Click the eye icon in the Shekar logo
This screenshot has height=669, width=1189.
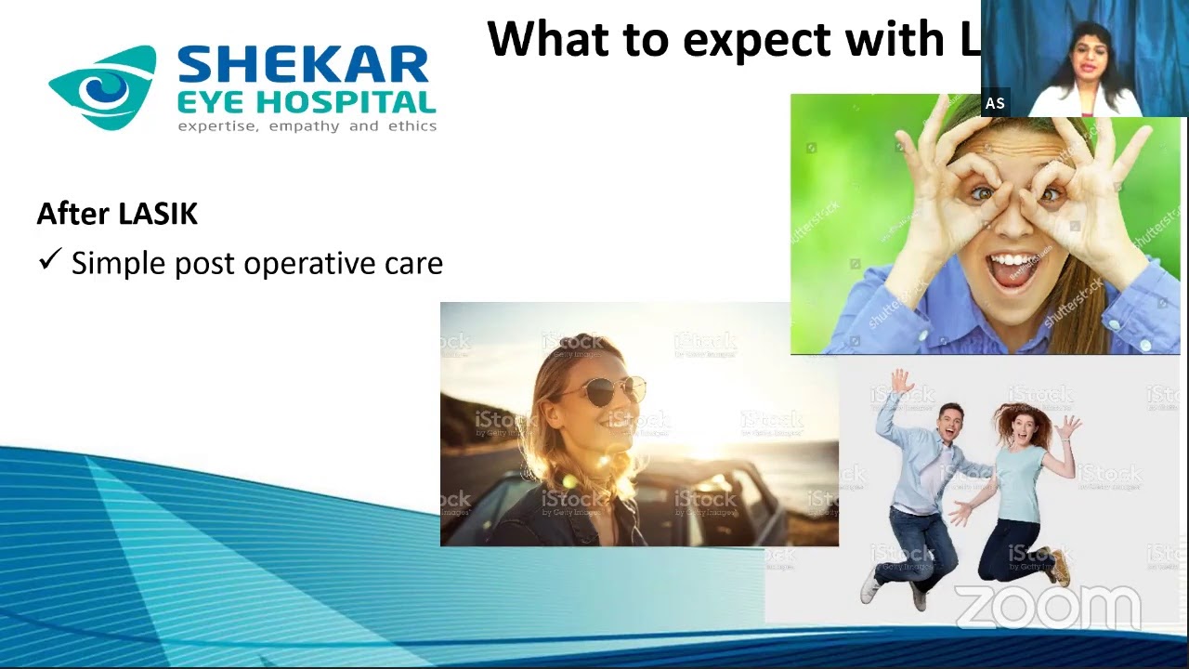coord(99,88)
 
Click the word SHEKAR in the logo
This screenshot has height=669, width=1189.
coord(302,66)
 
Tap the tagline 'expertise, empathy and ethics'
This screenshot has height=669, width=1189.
coord(307,126)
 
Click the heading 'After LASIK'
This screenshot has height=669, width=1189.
coord(117,214)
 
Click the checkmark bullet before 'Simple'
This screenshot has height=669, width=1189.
coord(49,260)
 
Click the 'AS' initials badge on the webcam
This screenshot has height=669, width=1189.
coord(995,103)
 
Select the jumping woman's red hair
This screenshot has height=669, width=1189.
coord(1017,423)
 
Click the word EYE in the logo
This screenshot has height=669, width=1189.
coord(213,102)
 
